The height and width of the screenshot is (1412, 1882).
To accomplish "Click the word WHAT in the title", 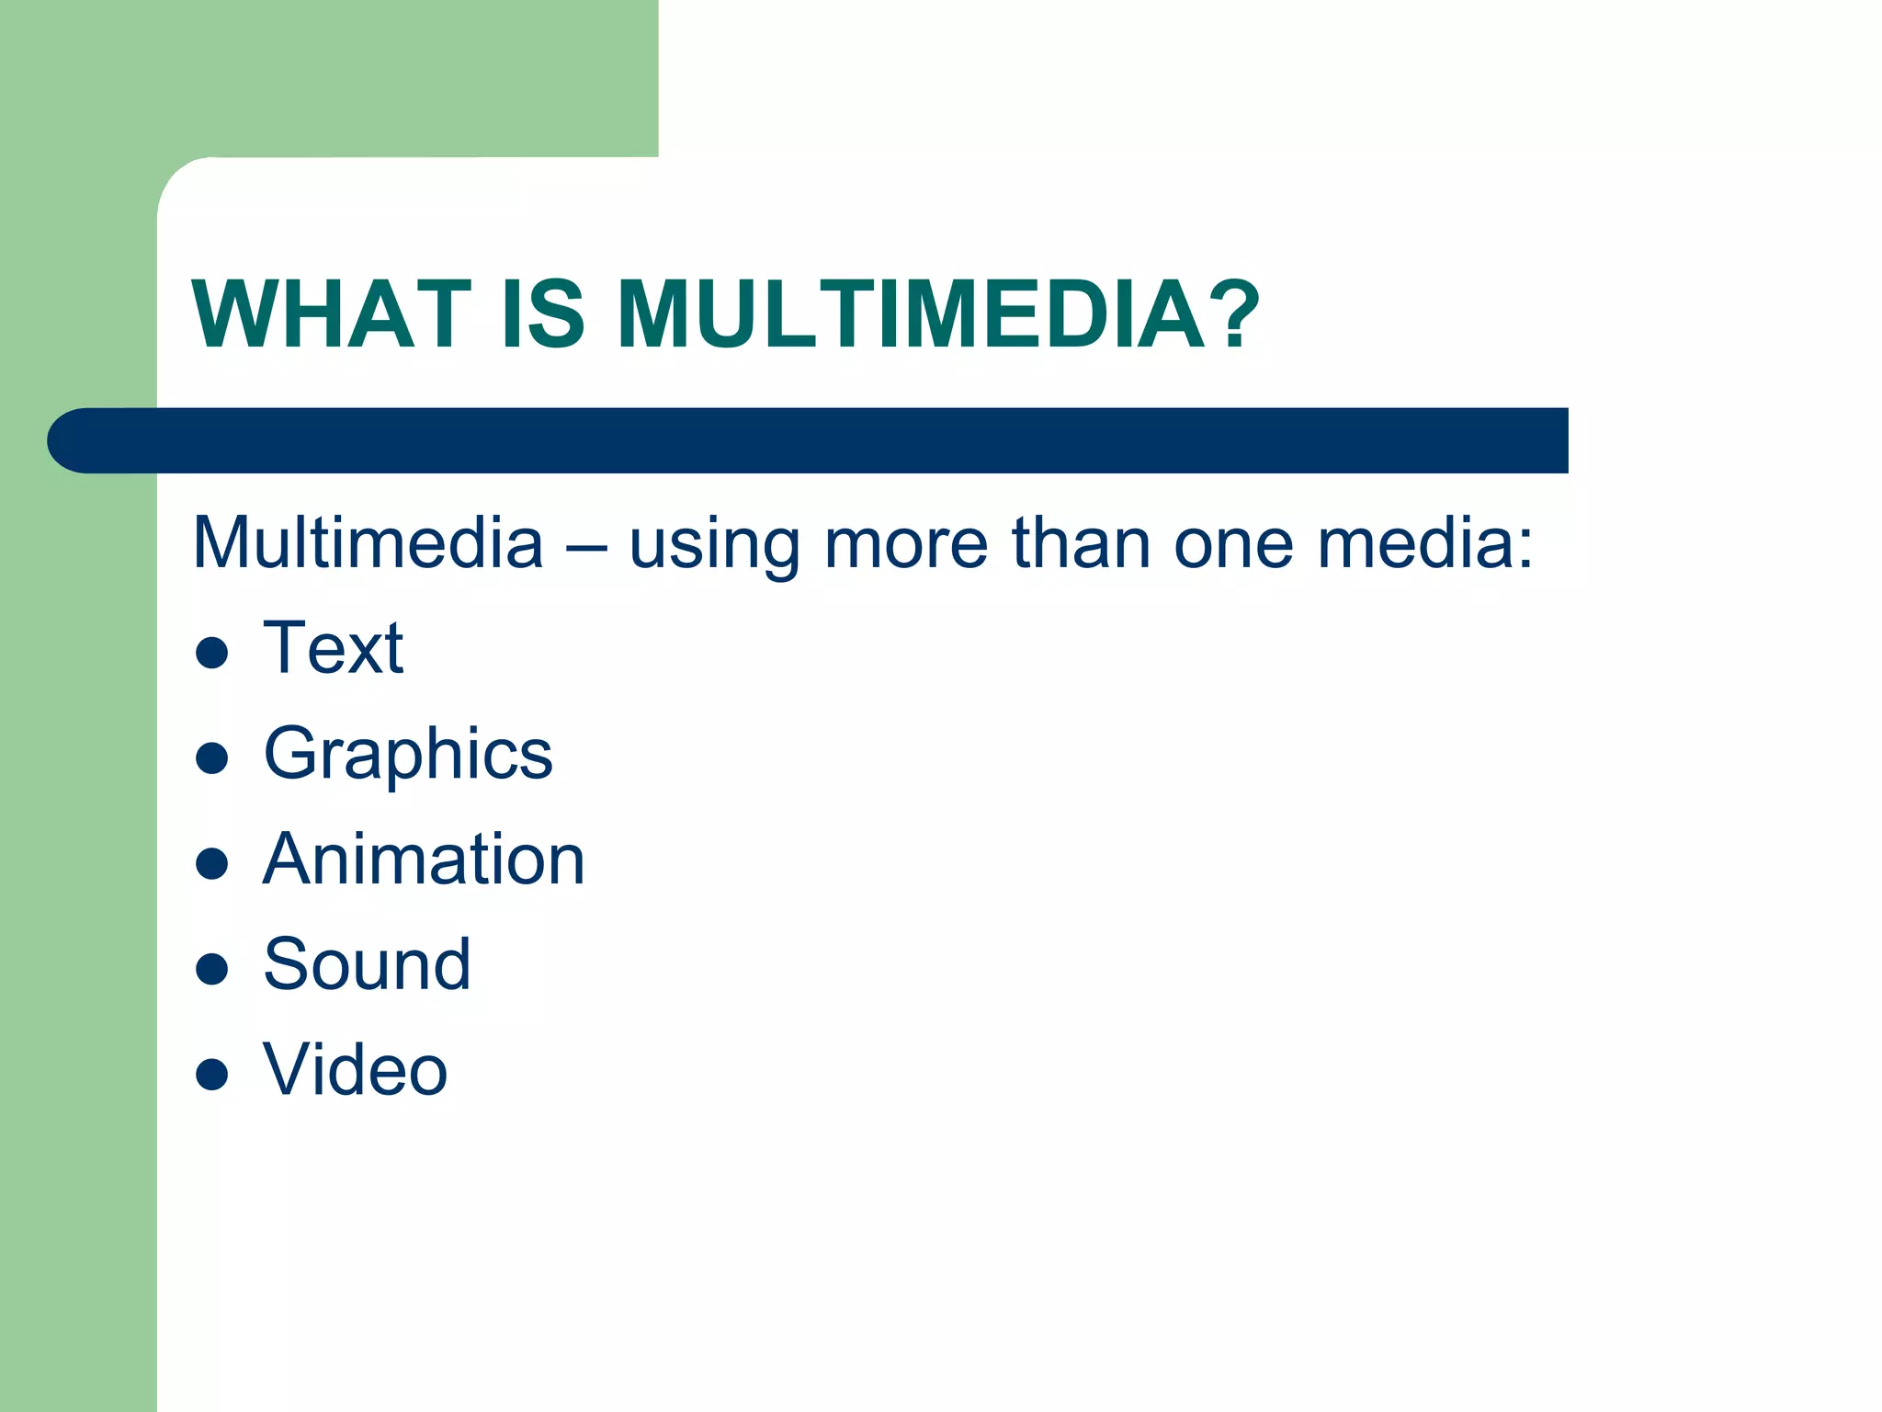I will [331, 314].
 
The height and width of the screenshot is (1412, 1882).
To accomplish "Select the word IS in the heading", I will [542, 314].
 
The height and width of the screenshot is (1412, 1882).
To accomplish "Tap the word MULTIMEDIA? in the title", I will [937, 314].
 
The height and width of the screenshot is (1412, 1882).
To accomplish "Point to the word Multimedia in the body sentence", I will [368, 543].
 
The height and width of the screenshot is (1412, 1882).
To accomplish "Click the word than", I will [1081, 543].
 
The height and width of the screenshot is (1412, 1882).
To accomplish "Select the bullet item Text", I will [333, 648].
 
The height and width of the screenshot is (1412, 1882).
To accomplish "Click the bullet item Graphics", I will [408, 754].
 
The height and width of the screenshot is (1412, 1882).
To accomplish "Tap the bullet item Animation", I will [424, 860].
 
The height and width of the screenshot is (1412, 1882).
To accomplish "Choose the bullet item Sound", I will [367, 964].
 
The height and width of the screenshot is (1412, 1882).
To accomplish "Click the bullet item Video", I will [355, 1070].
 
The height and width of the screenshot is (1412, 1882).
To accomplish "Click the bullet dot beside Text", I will [212, 652].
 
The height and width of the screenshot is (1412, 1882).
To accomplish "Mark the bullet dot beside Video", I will [212, 1074].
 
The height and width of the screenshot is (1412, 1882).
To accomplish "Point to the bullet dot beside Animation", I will [212, 863].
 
